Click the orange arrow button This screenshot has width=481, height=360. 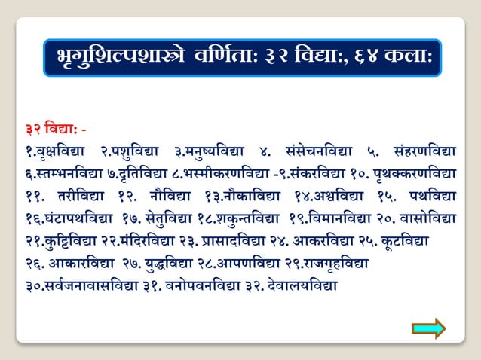click(428, 328)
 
